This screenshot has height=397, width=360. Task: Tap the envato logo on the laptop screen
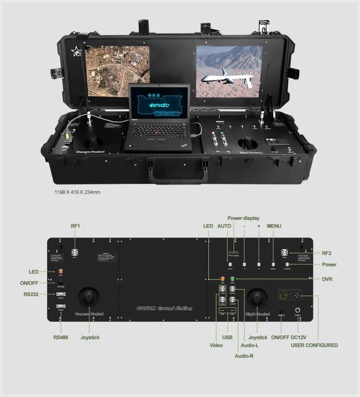point(160,105)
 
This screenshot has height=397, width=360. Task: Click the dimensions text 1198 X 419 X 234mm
point(77,192)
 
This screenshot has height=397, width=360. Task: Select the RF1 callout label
point(75,226)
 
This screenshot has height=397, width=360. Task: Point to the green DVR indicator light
point(233,279)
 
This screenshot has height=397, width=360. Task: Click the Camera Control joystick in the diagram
point(89,297)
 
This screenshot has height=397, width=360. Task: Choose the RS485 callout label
point(61,337)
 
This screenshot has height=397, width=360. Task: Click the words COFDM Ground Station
point(164,309)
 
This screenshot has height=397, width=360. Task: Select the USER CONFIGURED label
point(314,345)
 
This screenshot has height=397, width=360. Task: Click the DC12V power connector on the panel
point(298,310)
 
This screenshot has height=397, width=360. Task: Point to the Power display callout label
point(243,218)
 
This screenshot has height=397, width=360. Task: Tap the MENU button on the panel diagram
point(273,264)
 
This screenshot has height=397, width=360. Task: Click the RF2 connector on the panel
point(285,252)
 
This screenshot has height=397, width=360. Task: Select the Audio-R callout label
point(244,356)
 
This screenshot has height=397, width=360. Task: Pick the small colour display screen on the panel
point(283,296)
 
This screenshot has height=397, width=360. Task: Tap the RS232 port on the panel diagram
point(60,294)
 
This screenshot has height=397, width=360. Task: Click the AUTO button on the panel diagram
point(230,264)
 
